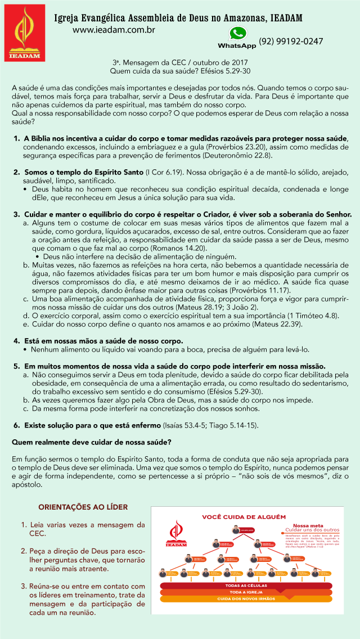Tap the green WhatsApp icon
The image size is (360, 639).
pos(237,33)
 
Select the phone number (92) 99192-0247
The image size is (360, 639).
pos(291,42)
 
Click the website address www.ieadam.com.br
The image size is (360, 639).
pos(114,29)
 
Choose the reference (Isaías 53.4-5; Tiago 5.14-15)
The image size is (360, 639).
pos(210,425)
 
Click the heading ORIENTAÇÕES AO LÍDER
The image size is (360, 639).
pos(83,507)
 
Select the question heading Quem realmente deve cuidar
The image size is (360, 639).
pos(92,442)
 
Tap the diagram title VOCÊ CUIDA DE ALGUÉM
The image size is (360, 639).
pos(244,516)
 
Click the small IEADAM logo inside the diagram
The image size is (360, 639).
pos(177,534)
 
